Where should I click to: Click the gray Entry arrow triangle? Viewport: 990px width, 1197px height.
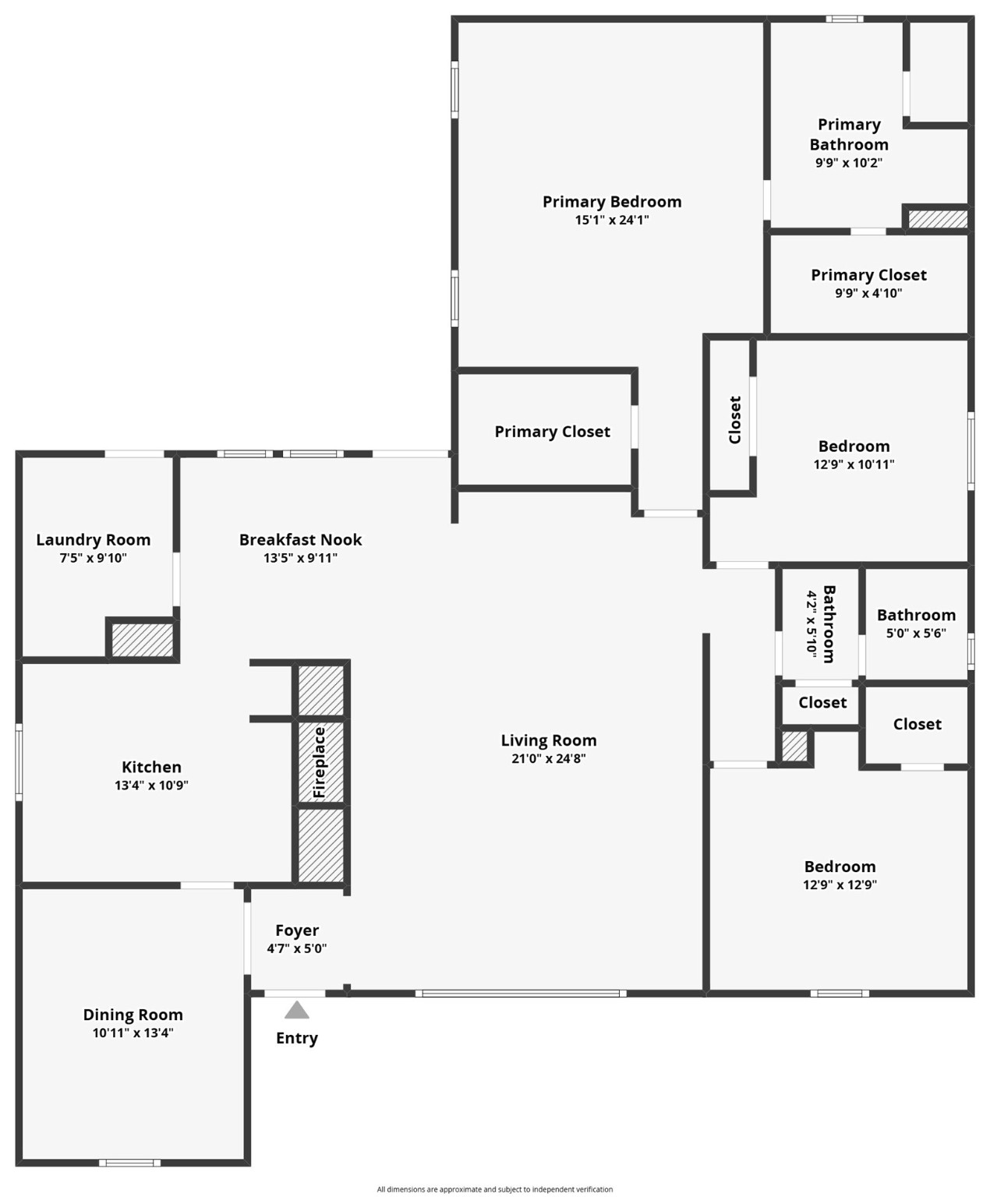pos(296,1009)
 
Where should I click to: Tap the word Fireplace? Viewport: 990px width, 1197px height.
pos(320,762)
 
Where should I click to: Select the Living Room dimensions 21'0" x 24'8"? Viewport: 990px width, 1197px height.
pos(548,758)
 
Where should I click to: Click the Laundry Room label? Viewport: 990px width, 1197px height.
pos(94,539)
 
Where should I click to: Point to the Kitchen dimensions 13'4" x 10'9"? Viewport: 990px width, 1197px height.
pos(151,785)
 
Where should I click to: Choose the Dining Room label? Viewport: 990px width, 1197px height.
pos(133,1015)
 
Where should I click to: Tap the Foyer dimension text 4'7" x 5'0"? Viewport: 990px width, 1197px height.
pos(296,948)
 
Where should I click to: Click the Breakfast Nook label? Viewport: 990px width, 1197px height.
pos(301,539)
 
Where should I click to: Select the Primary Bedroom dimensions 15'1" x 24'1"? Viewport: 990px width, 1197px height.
pos(612,220)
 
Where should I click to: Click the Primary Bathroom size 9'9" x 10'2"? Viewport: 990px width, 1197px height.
pos(849,162)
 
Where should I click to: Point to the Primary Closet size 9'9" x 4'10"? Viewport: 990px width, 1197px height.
pos(868,293)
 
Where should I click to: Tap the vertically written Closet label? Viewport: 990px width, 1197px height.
pos(735,419)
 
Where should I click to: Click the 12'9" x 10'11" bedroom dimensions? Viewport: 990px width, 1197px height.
pos(854,464)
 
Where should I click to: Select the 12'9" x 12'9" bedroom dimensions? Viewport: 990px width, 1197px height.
pos(840,884)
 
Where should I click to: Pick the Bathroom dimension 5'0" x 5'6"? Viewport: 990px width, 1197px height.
pos(916,633)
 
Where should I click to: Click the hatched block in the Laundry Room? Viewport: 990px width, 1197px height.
pos(142,640)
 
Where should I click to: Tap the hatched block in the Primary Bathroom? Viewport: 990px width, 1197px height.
pos(938,219)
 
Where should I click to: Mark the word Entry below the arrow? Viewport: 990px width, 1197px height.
pos(296,1038)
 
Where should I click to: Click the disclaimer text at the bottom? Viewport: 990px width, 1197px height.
pos(494,1189)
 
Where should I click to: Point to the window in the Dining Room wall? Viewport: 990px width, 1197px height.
pos(129,1163)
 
